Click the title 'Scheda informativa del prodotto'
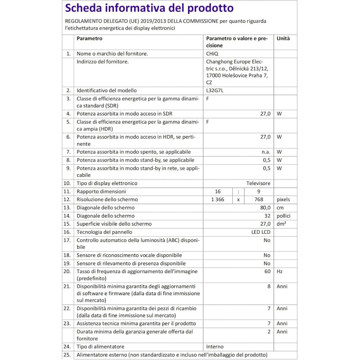tap(149, 9)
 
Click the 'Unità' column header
tap(283, 39)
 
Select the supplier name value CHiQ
tap(212, 54)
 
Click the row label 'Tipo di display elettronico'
tap(107, 184)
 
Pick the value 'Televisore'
tap(258, 184)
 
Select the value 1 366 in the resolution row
tap(218, 199)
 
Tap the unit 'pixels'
tap(283, 199)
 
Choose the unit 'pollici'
tap(284, 216)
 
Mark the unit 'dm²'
tap(282, 224)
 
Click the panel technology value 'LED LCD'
tap(261, 232)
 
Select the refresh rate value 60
tap(267, 272)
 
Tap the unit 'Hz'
tap(279, 272)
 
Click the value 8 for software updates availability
tap(269, 287)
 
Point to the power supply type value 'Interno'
tap(215, 346)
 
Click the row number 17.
tap(67, 240)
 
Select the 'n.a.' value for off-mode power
tap(265, 152)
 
